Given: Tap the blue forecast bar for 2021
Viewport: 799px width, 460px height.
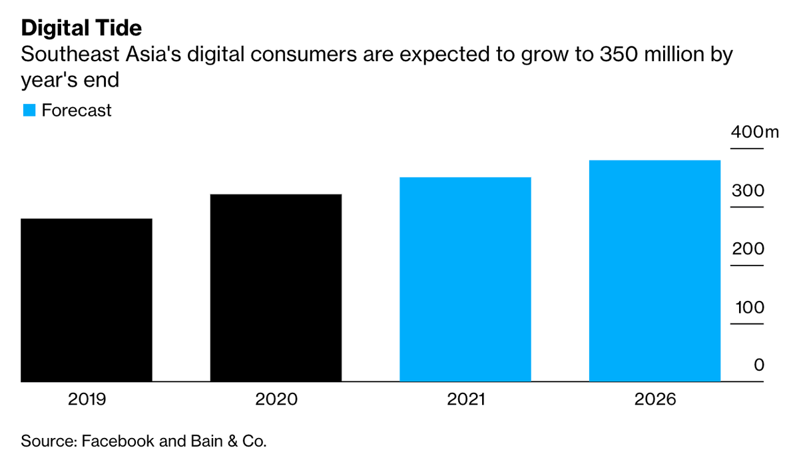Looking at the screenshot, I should pyautogui.click(x=465, y=280).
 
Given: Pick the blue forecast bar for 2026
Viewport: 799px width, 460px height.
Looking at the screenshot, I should pyautogui.click(x=655, y=271).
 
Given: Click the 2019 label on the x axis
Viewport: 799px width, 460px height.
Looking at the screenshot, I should pyautogui.click(x=87, y=399).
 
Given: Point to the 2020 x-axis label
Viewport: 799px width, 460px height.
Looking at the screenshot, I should pyautogui.click(x=276, y=399).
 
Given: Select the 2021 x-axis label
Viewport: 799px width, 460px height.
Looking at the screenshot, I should pyautogui.click(x=465, y=399).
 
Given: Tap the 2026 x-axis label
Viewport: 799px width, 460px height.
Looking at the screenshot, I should pyautogui.click(x=655, y=399).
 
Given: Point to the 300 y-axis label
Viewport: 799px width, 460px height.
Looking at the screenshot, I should pyautogui.click(x=748, y=191).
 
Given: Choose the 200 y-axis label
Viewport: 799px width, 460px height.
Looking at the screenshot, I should pyautogui.click(x=748, y=250).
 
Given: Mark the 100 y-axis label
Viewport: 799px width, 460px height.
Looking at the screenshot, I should pyautogui.click(x=748, y=308).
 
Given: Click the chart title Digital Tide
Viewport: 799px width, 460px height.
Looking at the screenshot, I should pyautogui.click(x=81, y=29).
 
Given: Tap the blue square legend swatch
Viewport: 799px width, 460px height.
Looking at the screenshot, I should pyautogui.click(x=29, y=111).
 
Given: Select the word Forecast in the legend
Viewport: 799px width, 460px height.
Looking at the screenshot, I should pyautogui.click(x=77, y=111).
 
